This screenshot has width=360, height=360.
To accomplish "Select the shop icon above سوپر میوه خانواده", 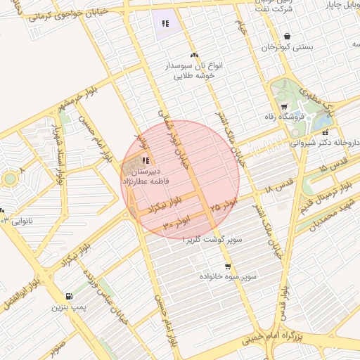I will (227, 266).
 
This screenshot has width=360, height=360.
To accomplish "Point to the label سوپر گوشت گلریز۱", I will (212, 240).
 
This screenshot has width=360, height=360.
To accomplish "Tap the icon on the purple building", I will (165, 24).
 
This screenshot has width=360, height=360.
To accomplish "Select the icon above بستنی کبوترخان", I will (287, 36).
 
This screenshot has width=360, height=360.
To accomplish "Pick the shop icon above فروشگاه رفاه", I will (283, 106).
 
